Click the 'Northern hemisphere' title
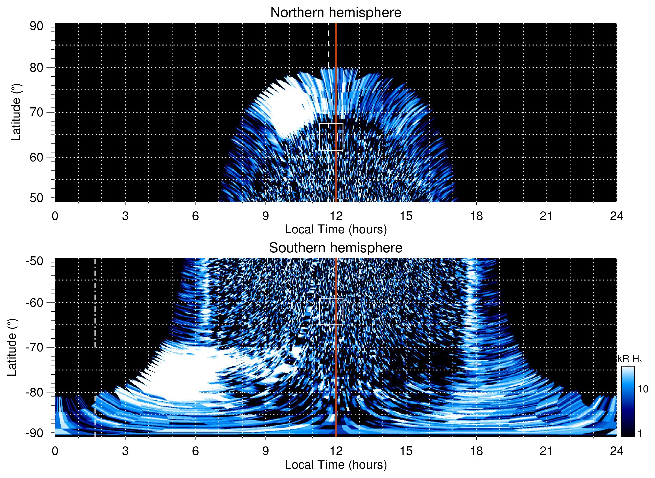[336, 13]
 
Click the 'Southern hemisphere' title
[336, 248]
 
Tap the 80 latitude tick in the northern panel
[36, 68]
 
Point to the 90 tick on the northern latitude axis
[36, 26]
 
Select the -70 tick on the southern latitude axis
[35, 347]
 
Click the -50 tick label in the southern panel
[35, 261]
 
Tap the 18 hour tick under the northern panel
[476, 216]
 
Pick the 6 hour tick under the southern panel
[195, 451]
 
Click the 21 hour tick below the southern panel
[547, 451]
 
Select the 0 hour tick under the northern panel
[55, 216]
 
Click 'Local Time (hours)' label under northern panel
[336, 230]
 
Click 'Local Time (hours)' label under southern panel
[336, 465]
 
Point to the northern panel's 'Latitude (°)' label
[16, 112]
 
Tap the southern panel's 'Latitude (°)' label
[12, 347]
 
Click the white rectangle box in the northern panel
[331, 137]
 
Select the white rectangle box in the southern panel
[331, 311]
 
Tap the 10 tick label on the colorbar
[643, 389]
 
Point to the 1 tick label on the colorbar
[640, 433]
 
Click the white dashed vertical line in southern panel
[95, 302]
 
